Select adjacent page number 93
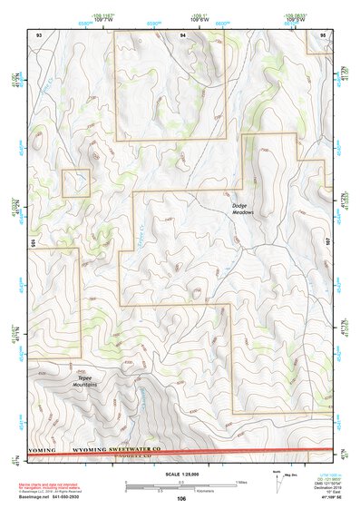(x=38, y=34)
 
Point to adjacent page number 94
(x=182, y=34)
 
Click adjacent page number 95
(x=324, y=34)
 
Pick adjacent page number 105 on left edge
(x=32, y=242)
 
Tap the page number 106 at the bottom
(x=181, y=499)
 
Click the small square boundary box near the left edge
(x=75, y=182)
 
